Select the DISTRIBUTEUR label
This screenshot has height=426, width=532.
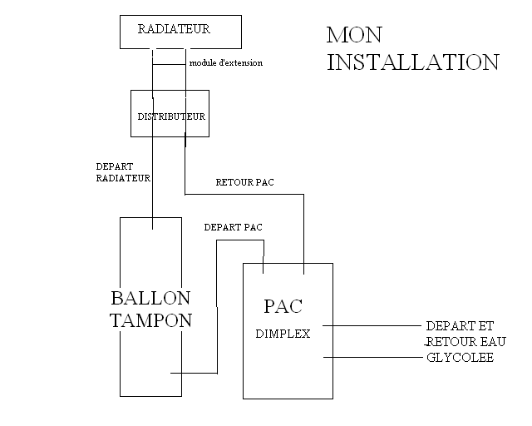pyautogui.click(x=171, y=116)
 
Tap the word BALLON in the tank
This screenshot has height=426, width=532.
pyautogui.click(x=150, y=298)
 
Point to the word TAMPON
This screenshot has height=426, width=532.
pyautogui.click(x=150, y=321)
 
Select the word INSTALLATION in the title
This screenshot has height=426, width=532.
pyautogui.click(x=412, y=62)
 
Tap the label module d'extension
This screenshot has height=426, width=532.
pyautogui.click(x=226, y=63)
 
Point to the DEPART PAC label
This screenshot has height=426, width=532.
pyautogui.click(x=234, y=226)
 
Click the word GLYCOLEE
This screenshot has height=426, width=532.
pyautogui.click(x=460, y=358)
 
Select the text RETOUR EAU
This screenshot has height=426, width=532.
pyautogui.click(x=465, y=342)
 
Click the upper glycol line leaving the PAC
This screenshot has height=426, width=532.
pyautogui.click(x=374, y=325)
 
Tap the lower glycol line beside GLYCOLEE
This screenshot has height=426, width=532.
pyautogui.click(x=374, y=357)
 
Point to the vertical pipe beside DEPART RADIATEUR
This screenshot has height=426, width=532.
pyautogui.click(x=153, y=175)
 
